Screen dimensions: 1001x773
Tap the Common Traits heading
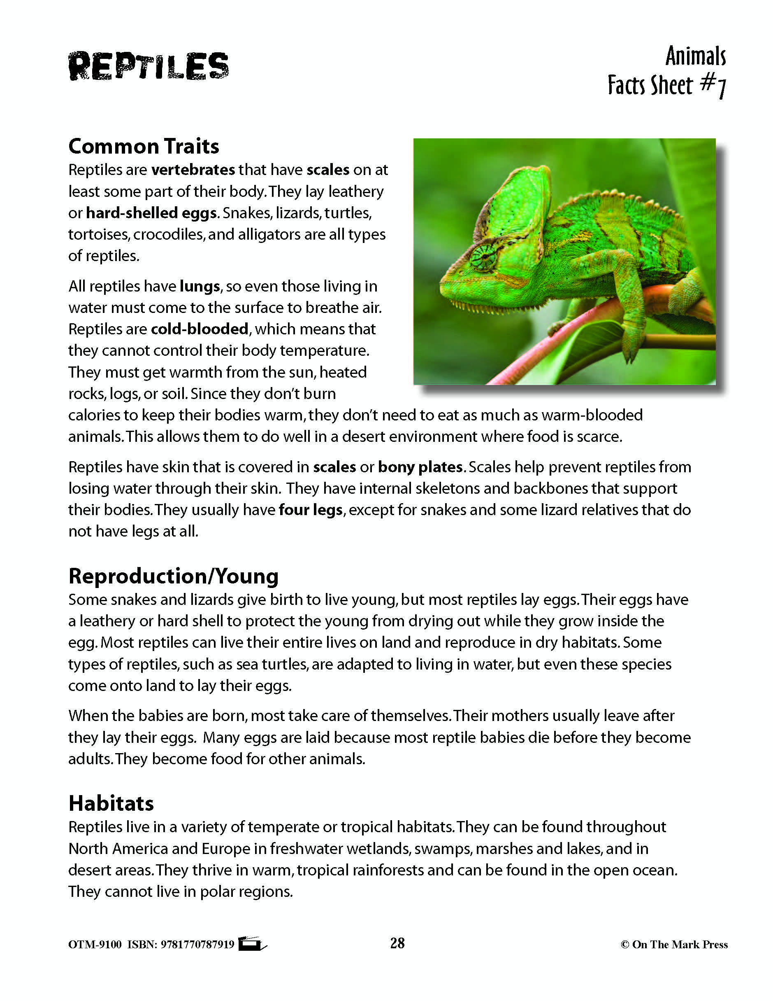point(144,146)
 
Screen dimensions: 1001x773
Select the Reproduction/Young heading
point(174,576)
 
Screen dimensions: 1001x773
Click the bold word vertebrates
point(193,170)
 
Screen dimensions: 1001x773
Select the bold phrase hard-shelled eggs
point(151,213)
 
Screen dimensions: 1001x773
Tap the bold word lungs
point(200,287)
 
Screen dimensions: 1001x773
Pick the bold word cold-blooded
point(200,329)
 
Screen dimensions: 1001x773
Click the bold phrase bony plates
point(420,467)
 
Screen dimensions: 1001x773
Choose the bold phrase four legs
point(311,510)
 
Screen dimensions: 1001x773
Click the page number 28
point(397,943)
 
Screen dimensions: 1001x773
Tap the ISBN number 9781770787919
point(197,945)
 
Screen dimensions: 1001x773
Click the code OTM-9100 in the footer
point(95,945)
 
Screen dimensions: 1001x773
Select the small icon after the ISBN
point(252,944)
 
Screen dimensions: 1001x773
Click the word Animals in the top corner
point(695,57)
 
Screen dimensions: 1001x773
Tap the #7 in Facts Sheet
point(713,86)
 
